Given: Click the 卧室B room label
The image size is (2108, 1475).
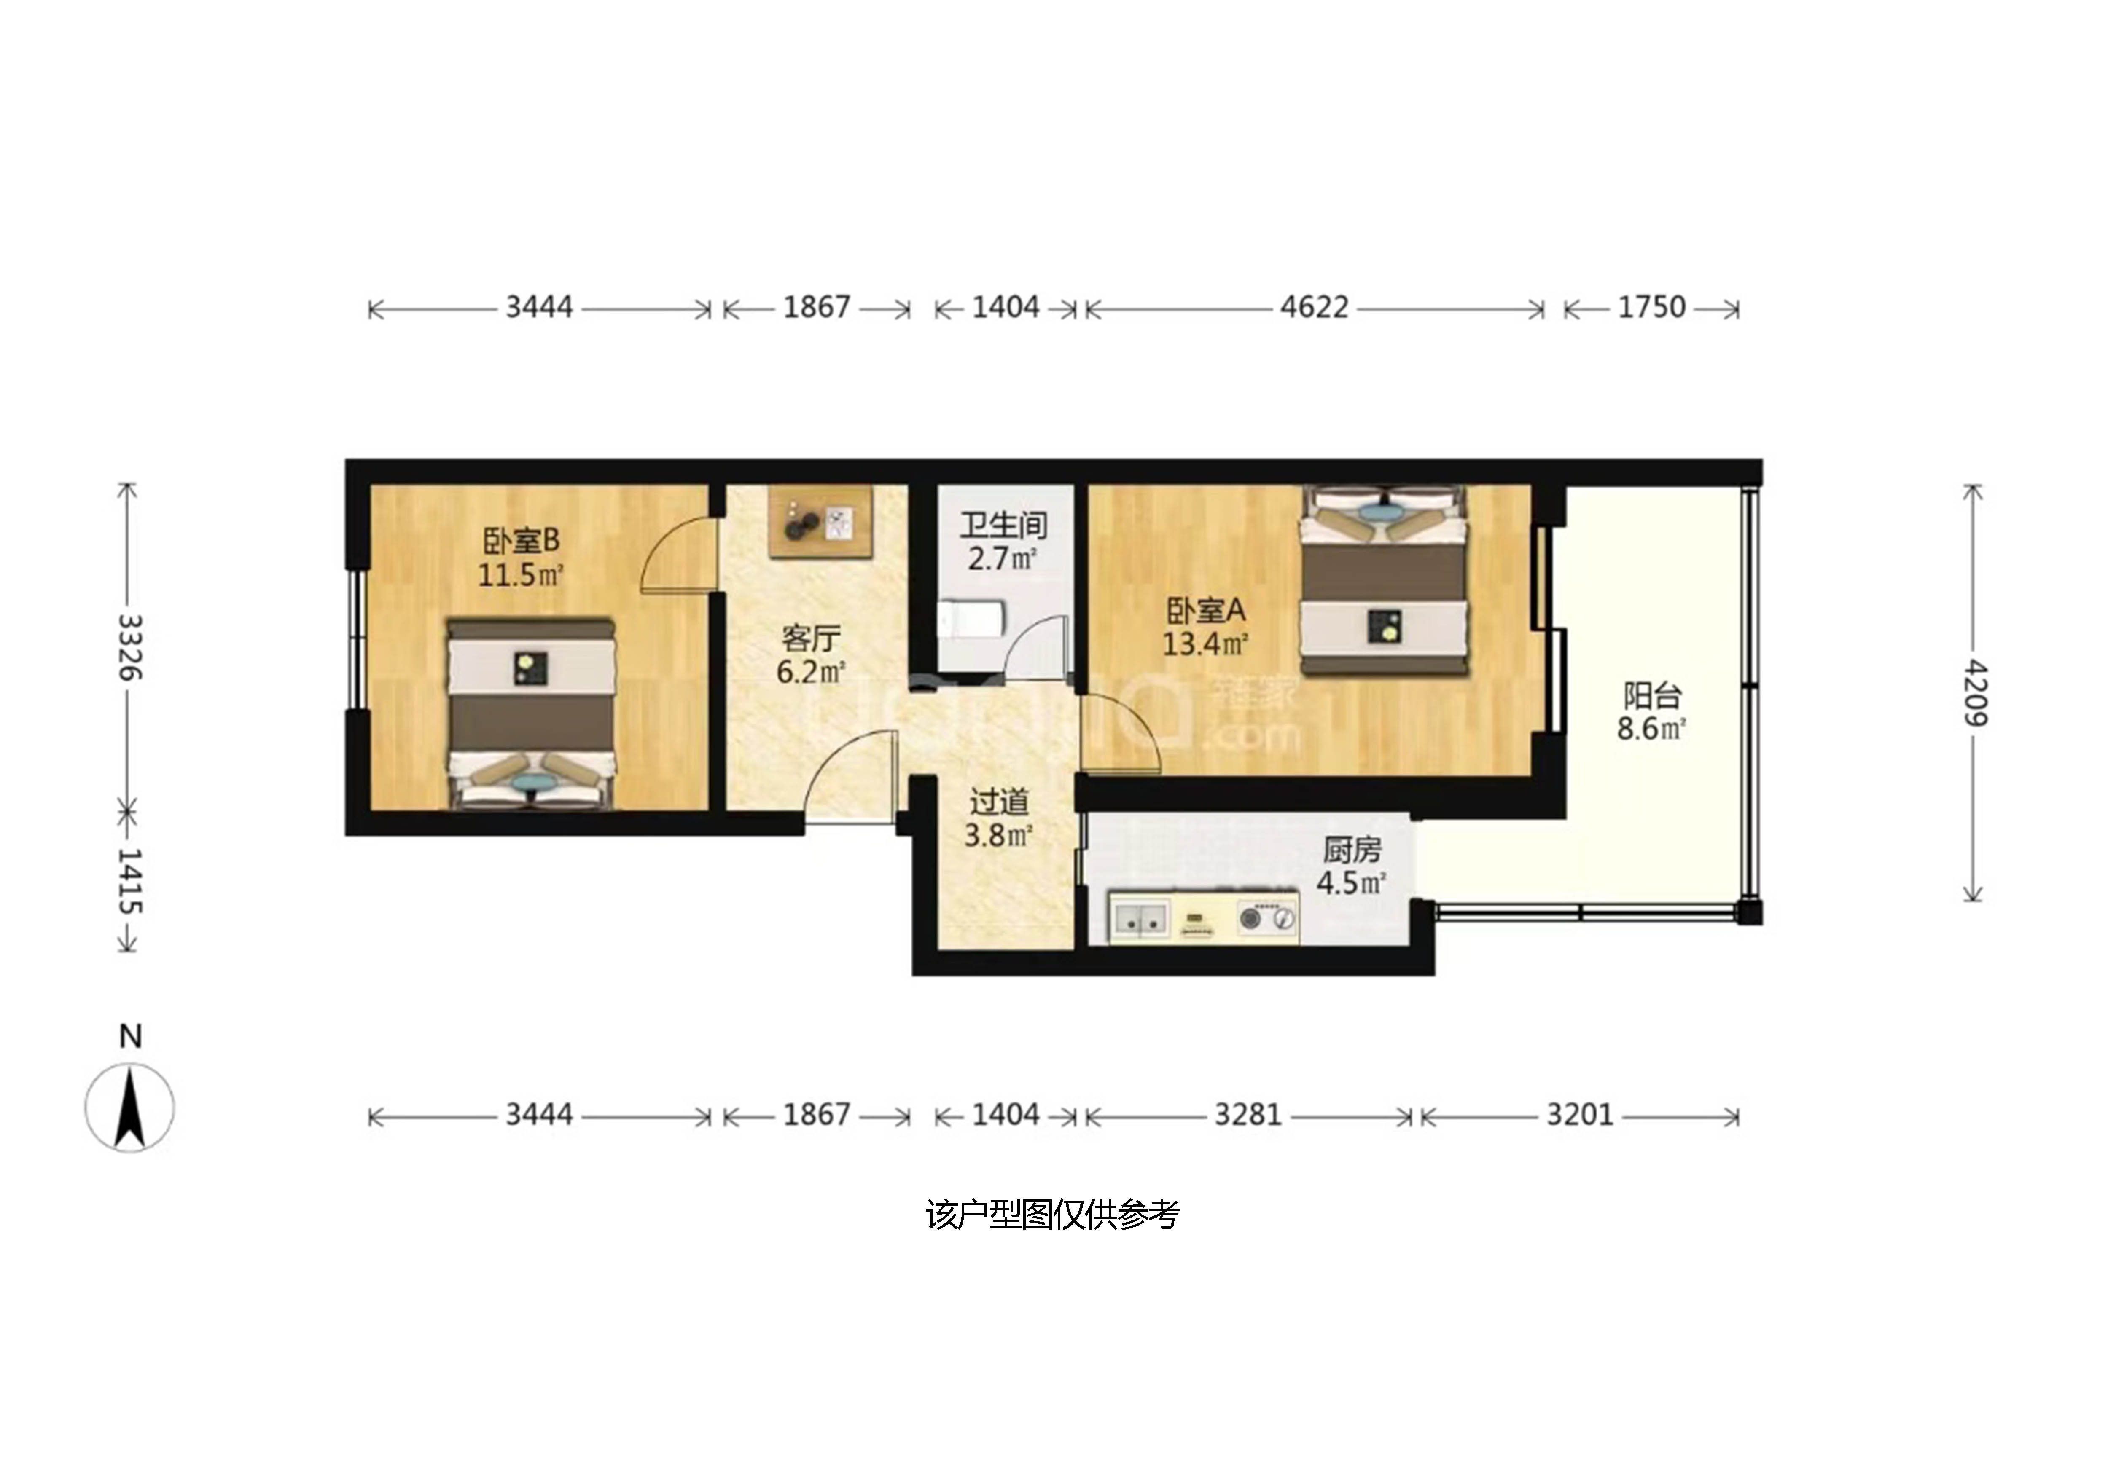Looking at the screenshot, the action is point(521,541).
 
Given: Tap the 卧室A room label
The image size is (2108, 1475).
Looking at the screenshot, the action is point(1205,609).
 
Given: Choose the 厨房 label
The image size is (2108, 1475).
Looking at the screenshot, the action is point(1352,850).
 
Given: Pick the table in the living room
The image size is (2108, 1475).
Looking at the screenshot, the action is point(820,521).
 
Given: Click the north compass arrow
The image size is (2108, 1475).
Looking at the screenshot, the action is point(130,1107).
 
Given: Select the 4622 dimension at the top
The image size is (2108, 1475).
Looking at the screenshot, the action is point(1315,306).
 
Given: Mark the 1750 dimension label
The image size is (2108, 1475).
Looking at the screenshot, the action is point(1652,306).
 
